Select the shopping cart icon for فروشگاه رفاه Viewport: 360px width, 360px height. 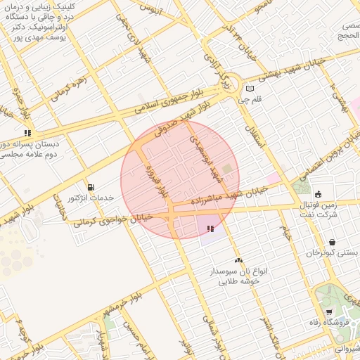coord(329,312)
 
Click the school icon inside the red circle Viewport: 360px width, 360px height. coord(210,228)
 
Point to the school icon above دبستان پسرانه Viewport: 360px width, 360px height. coord(27,132)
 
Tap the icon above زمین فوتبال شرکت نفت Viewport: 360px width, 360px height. coord(318,195)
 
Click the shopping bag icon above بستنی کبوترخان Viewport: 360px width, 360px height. coord(331,242)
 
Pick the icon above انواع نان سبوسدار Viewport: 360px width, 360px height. coord(238,260)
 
